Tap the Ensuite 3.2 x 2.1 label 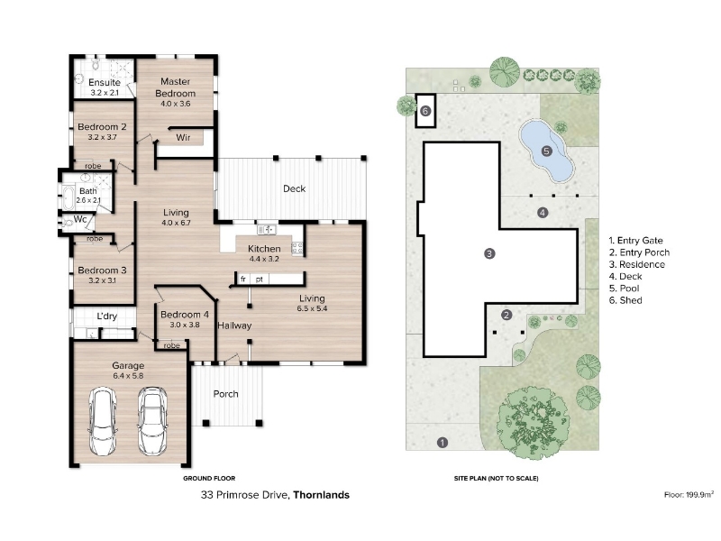[x=105, y=87]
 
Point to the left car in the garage [x=102, y=421]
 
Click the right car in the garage [x=152, y=421]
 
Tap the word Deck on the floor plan [x=295, y=188]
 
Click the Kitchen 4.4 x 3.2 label [x=264, y=253]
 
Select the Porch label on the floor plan [x=226, y=394]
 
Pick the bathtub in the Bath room [x=68, y=197]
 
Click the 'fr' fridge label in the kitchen [x=242, y=279]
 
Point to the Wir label [x=183, y=137]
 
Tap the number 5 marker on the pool [x=546, y=151]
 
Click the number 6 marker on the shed [x=425, y=111]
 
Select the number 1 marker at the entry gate [x=442, y=443]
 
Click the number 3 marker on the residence [x=489, y=253]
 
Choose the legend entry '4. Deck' [x=625, y=277]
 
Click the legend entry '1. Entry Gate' [x=636, y=241]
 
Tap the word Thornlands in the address [x=322, y=495]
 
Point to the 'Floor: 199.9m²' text [x=689, y=494]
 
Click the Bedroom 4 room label [x=185, y=319]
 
